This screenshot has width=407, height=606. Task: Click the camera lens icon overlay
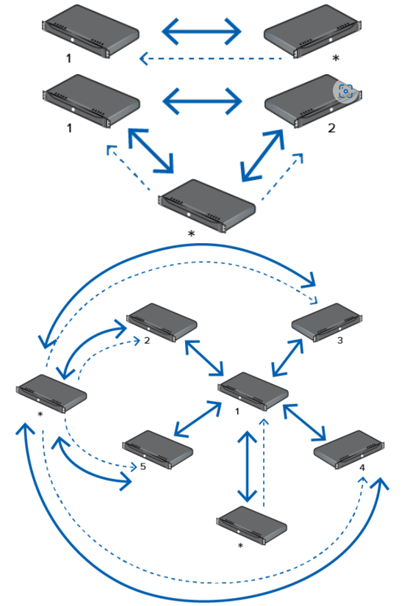tap(345, 91)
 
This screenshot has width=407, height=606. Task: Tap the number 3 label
tap(340, 341)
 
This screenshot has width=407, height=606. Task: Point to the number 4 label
tap(362, 468)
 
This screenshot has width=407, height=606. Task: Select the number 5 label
tap(143, 466)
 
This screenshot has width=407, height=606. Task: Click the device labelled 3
tap(327, 322)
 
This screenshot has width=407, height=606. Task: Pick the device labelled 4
tap(349, 450)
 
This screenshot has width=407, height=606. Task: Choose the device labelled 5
tap(158, 450)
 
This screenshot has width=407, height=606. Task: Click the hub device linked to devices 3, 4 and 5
tap(253, 392)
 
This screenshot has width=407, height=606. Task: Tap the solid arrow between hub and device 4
tap(305, 422)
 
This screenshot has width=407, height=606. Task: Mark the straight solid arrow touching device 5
tap(198, 419)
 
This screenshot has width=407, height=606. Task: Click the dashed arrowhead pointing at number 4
tap(362, 480)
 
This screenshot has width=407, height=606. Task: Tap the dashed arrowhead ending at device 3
tap(314, 300)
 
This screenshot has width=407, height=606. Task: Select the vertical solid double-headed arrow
tap(247, 466)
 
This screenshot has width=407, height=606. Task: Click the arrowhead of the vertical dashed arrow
tap(264, 422)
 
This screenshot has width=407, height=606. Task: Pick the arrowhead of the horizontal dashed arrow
tap(143, 59)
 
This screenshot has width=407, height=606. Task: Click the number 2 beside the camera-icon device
tap(331, 128)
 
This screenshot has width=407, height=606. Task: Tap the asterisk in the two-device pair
tap(336, 58)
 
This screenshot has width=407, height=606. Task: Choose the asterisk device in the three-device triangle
tap(207, 206)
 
